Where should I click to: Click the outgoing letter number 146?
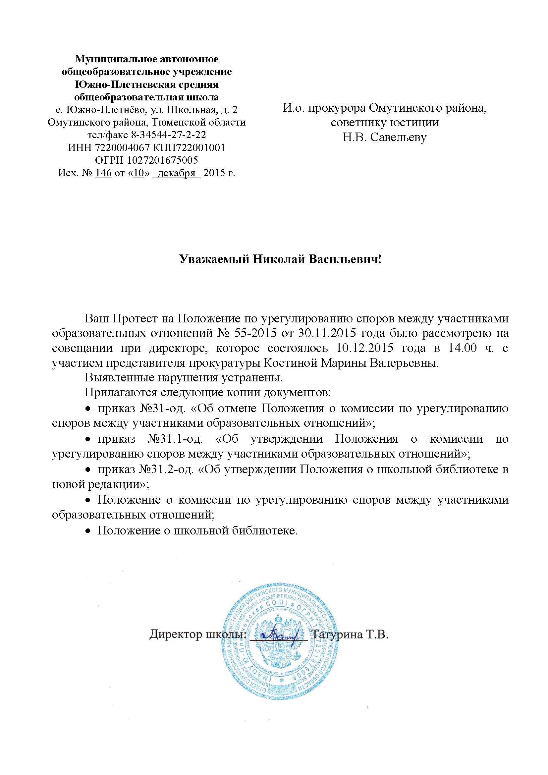click(104, 173)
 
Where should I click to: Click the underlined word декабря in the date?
click(177, 173)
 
